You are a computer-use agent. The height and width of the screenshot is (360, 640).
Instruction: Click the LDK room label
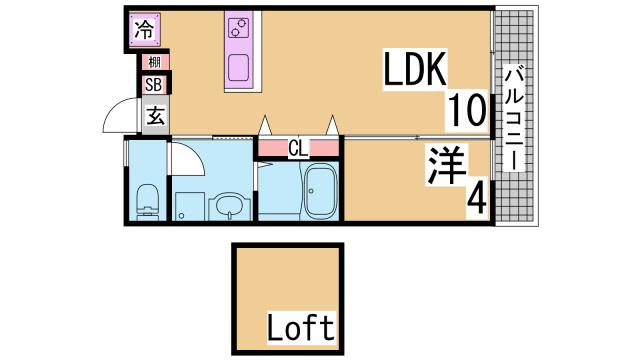coord(416,70)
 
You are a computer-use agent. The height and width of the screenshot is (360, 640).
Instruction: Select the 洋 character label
coord(449,165)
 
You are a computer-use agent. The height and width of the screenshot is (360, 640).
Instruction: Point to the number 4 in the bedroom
coord(476,199)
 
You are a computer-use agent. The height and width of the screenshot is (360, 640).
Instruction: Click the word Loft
coord(300,326)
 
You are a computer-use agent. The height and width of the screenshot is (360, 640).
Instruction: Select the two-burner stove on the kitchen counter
coord(240,27)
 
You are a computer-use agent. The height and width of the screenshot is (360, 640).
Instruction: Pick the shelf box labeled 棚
coord(156,63)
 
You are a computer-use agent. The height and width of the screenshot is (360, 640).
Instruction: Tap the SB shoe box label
coord(154,85)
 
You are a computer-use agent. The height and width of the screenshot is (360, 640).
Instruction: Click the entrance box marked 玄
coord(156,115)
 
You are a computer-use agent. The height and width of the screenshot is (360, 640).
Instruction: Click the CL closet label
coord(297,149)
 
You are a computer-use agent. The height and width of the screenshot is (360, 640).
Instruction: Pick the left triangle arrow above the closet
coord(266,127)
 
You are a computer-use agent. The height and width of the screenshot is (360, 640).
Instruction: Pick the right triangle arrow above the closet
coord(331,127)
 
